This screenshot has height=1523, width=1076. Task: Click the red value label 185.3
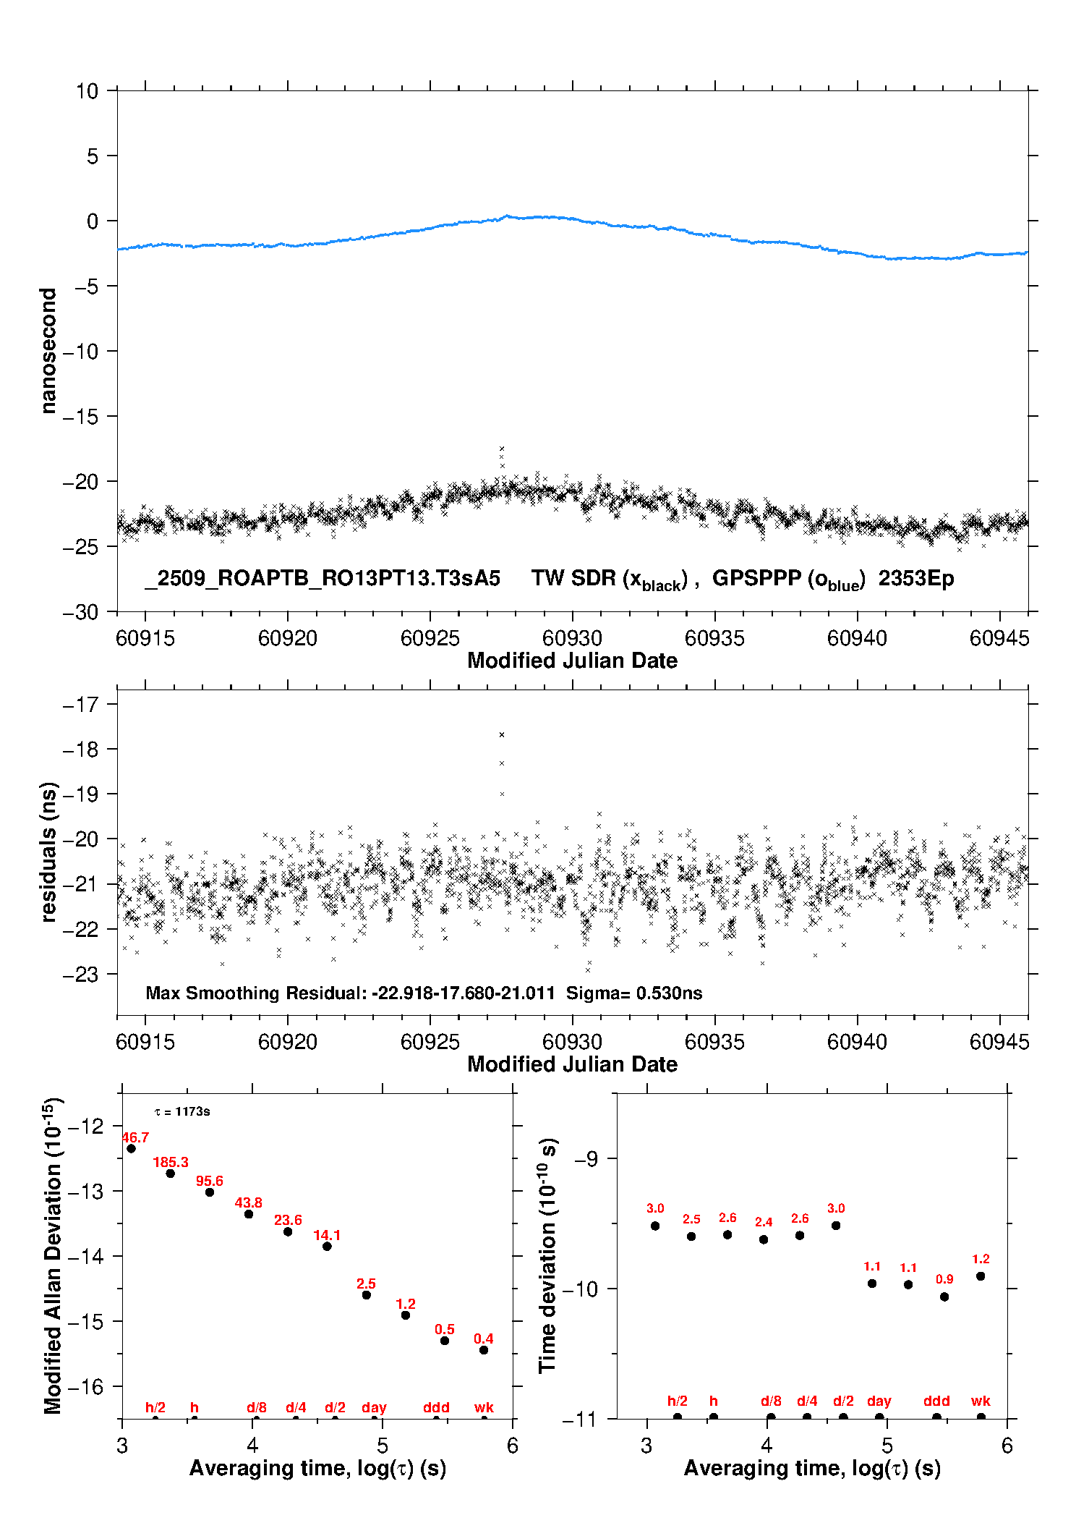171,1163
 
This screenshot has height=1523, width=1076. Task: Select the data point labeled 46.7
131,1148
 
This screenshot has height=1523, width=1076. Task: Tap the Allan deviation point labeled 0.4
484,1350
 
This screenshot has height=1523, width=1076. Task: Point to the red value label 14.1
327,1235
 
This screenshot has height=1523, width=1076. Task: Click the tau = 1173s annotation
182,1111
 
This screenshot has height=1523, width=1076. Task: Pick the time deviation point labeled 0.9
944,1297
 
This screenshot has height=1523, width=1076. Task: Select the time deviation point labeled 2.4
764,1239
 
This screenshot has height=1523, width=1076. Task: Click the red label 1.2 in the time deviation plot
981,1259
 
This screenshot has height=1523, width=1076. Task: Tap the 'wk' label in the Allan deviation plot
484,1407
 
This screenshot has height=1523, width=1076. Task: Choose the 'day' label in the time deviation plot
879,1401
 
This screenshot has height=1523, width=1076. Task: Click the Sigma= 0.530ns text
634,993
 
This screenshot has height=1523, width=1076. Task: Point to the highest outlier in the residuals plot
502,735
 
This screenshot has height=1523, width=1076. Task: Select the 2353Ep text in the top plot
916,578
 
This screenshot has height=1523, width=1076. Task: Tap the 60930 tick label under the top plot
572,638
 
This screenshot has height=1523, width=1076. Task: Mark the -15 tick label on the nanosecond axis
80,416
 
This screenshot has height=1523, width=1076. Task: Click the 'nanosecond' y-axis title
48,351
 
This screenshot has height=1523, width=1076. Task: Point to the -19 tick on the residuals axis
80,794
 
